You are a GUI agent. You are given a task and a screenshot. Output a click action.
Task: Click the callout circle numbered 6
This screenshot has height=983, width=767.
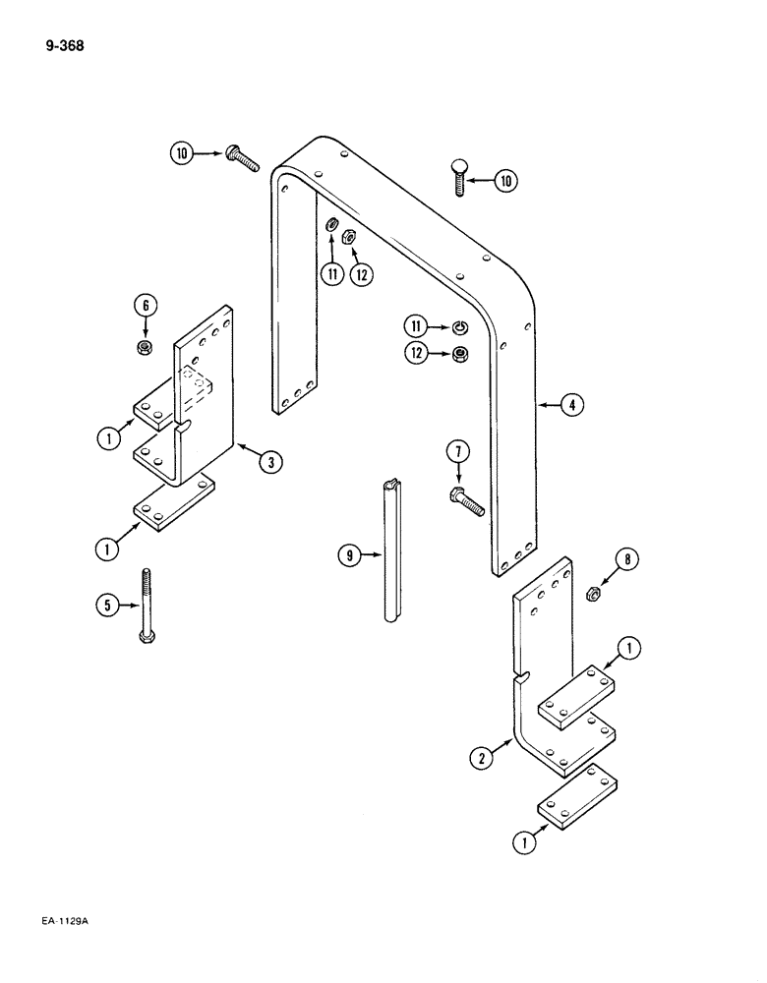146,306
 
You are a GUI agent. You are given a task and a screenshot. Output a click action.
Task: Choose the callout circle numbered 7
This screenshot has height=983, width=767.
456,451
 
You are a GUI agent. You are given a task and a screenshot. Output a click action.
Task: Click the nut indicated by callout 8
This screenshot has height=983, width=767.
594,593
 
